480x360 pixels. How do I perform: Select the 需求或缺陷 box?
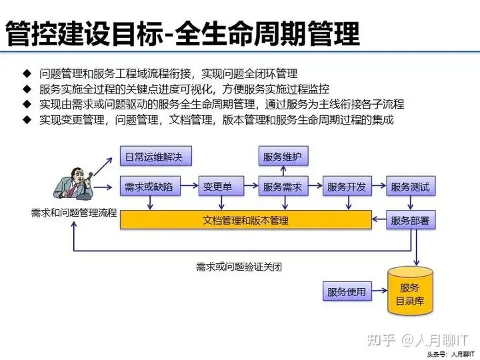150,187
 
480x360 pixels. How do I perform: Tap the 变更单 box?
218,187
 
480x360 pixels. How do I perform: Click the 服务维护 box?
282,157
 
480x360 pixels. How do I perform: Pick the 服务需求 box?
282,187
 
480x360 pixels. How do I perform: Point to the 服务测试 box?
410,187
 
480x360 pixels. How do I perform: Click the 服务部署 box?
410,220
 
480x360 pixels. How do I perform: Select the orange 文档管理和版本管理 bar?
245,220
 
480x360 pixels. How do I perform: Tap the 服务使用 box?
347,292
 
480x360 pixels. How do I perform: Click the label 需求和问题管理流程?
73,213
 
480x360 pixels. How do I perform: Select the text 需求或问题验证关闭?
239,267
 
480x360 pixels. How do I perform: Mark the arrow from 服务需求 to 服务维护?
282,171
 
